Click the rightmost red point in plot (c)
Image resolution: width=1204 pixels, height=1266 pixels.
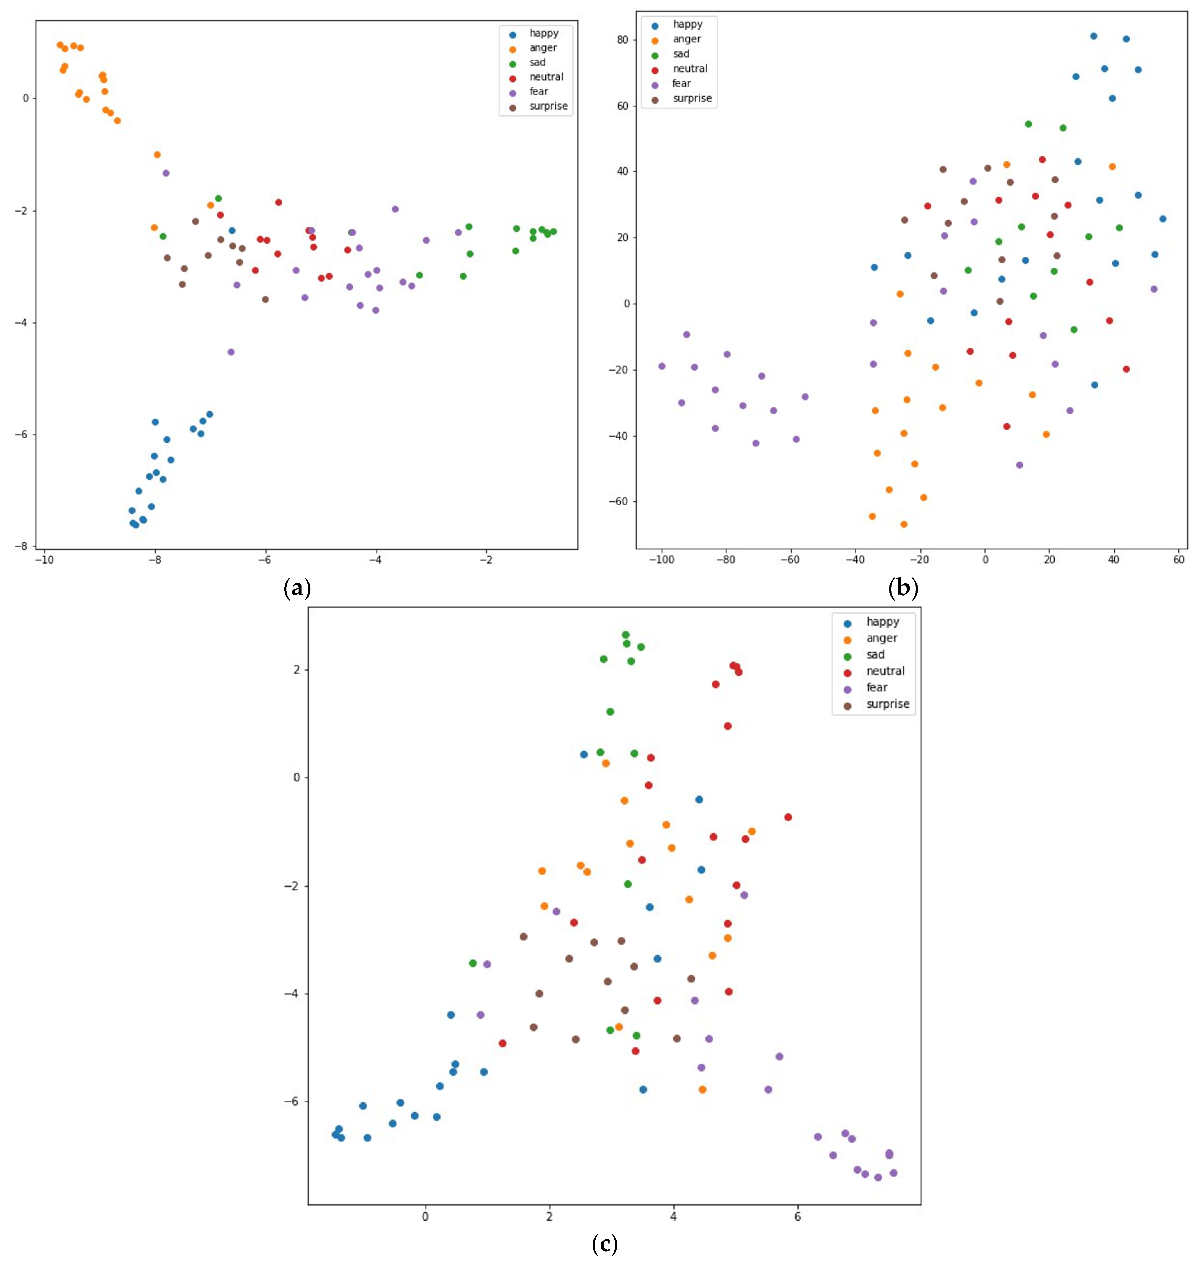point(788,817)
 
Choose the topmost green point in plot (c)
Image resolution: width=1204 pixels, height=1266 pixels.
point(625,635)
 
